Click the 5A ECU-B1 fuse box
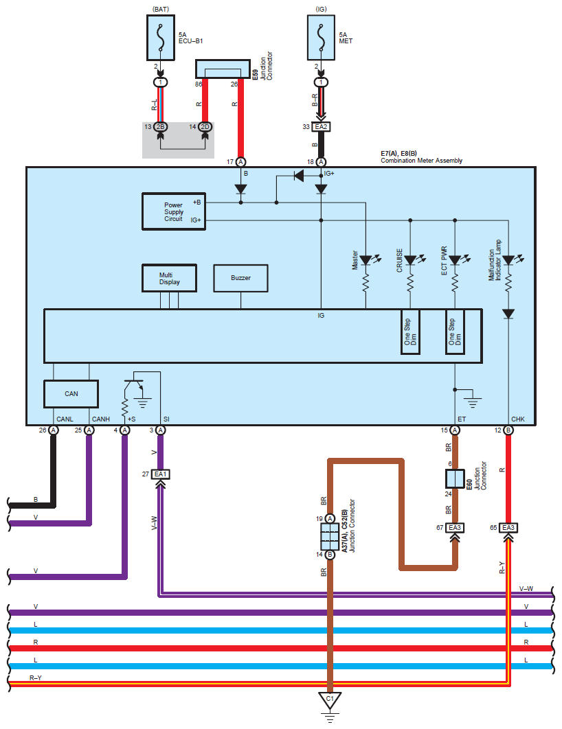pos(161,38)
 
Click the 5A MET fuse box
pos(321,38)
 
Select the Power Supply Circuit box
pos(174,211)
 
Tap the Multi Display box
pos(169,279)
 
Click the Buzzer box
pos(240,278)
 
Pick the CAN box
pos(71,394)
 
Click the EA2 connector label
pos(321,126)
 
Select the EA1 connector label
pos(161,474)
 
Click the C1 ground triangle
pos(330,700)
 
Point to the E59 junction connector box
pos(223,69)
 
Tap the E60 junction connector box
pos(455,479)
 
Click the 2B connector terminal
pos(161,127)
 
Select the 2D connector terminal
pos(205,127)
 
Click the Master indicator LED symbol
pos(366,260)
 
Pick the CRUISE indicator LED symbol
pos(410,260)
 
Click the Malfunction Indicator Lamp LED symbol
pos(508,260)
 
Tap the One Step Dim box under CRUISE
pos(410,332)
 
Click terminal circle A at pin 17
pos(240,162)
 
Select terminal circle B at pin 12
pos(508,430)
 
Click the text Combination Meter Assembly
pos(422,161)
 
